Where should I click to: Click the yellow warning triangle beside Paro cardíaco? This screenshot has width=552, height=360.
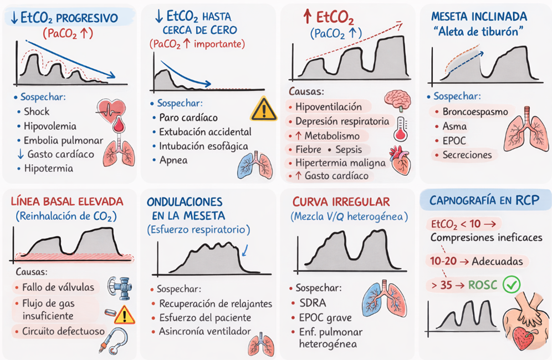click(263, 109)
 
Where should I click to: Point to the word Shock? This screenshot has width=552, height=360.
click(36, 111)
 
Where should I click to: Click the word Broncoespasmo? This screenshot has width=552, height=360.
click(475, 111)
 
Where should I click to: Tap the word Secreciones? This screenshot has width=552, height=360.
click(468, 155)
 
